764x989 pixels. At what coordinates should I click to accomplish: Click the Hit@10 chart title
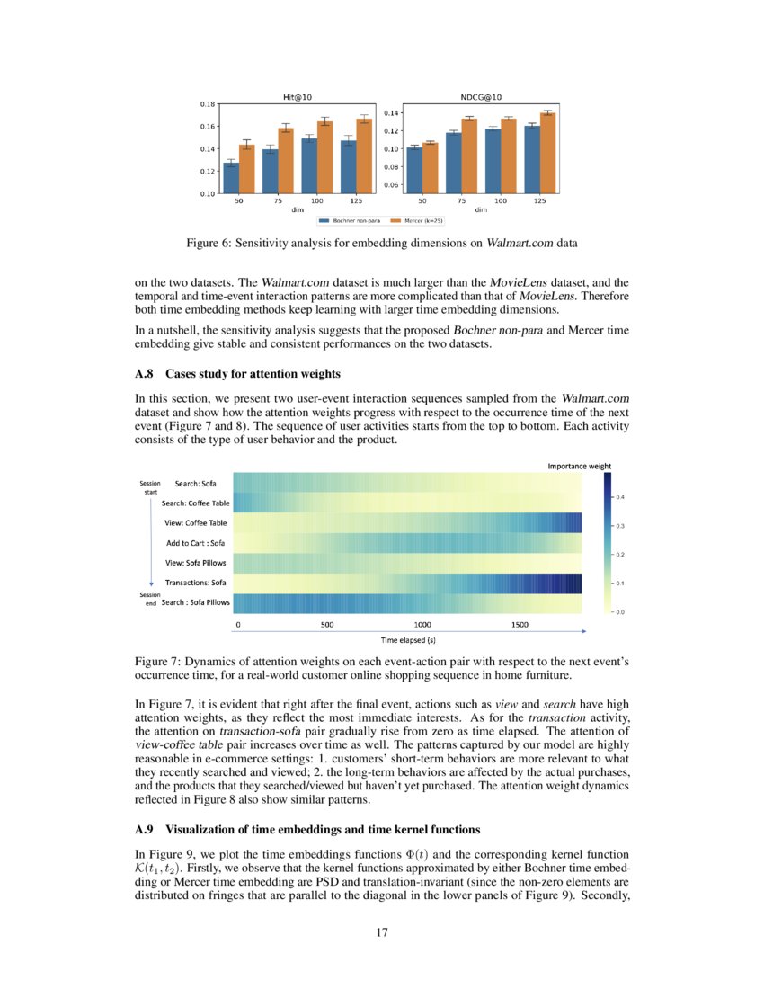point(298,96)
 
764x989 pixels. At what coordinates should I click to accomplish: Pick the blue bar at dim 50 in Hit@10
point(231,178)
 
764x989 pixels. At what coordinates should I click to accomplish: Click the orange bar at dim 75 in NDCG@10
point(468,156)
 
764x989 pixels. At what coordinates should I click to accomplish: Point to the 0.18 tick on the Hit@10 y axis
point(207,104)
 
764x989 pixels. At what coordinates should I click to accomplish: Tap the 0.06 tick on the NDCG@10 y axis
point(390,185)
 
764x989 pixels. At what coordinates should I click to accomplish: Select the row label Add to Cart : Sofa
point(196,543)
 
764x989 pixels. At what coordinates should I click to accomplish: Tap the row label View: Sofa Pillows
point(196,564)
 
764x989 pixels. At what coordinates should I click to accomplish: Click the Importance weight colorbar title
point(580,466)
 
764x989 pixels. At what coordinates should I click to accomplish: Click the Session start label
point(150,487)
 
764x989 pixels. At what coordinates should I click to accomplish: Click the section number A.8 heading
point(146,374)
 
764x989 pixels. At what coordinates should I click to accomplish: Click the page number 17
point(382,932)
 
